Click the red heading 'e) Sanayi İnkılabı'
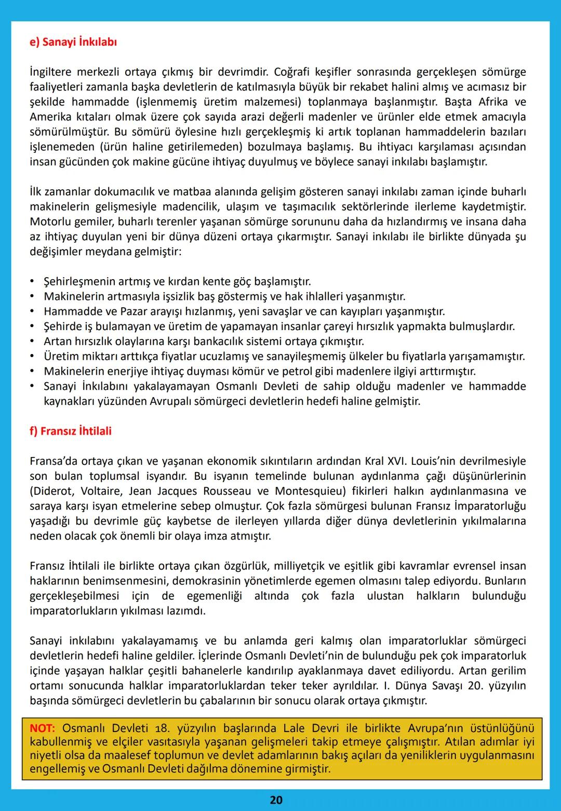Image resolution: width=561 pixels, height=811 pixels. pyautogui.click(x=73, y=42)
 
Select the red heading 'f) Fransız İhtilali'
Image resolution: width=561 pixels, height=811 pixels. pyautogui.click(x=71, y=431)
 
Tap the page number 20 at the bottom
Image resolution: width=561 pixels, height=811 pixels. pyautogui.click(x=276, y=800)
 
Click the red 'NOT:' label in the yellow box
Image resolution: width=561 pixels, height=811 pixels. pyautogui.click(x=44, y=728)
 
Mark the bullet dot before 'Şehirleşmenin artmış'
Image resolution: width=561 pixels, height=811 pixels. pyautogui.click(x=33, y=282)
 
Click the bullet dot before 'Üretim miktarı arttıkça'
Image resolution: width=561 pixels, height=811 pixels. pyautogui.click(x=33, y=357)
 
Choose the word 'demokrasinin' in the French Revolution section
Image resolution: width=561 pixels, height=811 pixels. pyautogui.click(x=206, y=581)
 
